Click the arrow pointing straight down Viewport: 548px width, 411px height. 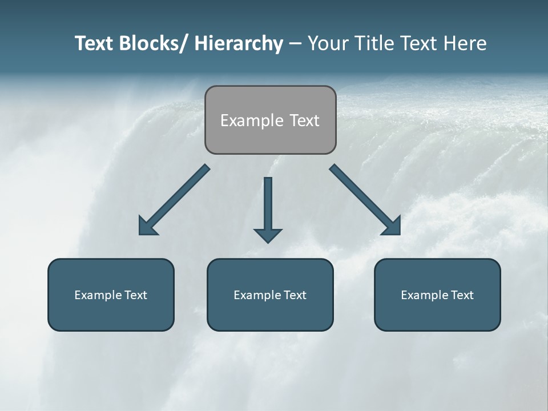(x=268, y=205)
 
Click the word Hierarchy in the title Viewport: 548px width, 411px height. (x=238, y=44)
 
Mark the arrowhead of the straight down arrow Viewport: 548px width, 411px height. (x=268, y=235)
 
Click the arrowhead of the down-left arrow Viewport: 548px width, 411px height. (x=147, y=227)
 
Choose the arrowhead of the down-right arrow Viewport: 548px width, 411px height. (x=392, y=227)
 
